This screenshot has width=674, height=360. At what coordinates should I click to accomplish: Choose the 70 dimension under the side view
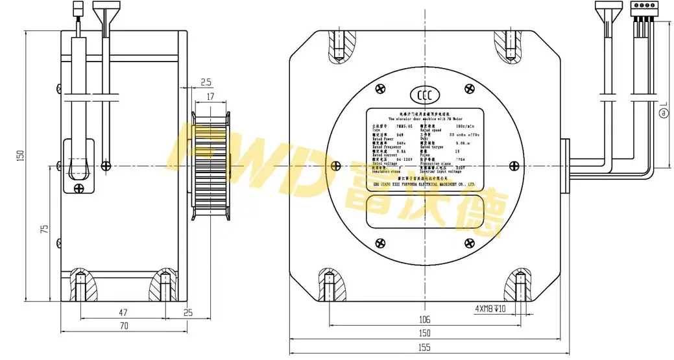123,326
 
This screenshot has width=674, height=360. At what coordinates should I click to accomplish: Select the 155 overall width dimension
424,348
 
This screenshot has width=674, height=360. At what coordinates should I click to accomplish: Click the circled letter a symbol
663,113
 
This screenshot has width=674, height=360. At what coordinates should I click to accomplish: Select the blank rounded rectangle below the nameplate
424,211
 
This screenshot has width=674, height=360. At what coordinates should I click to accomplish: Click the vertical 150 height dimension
20,156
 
